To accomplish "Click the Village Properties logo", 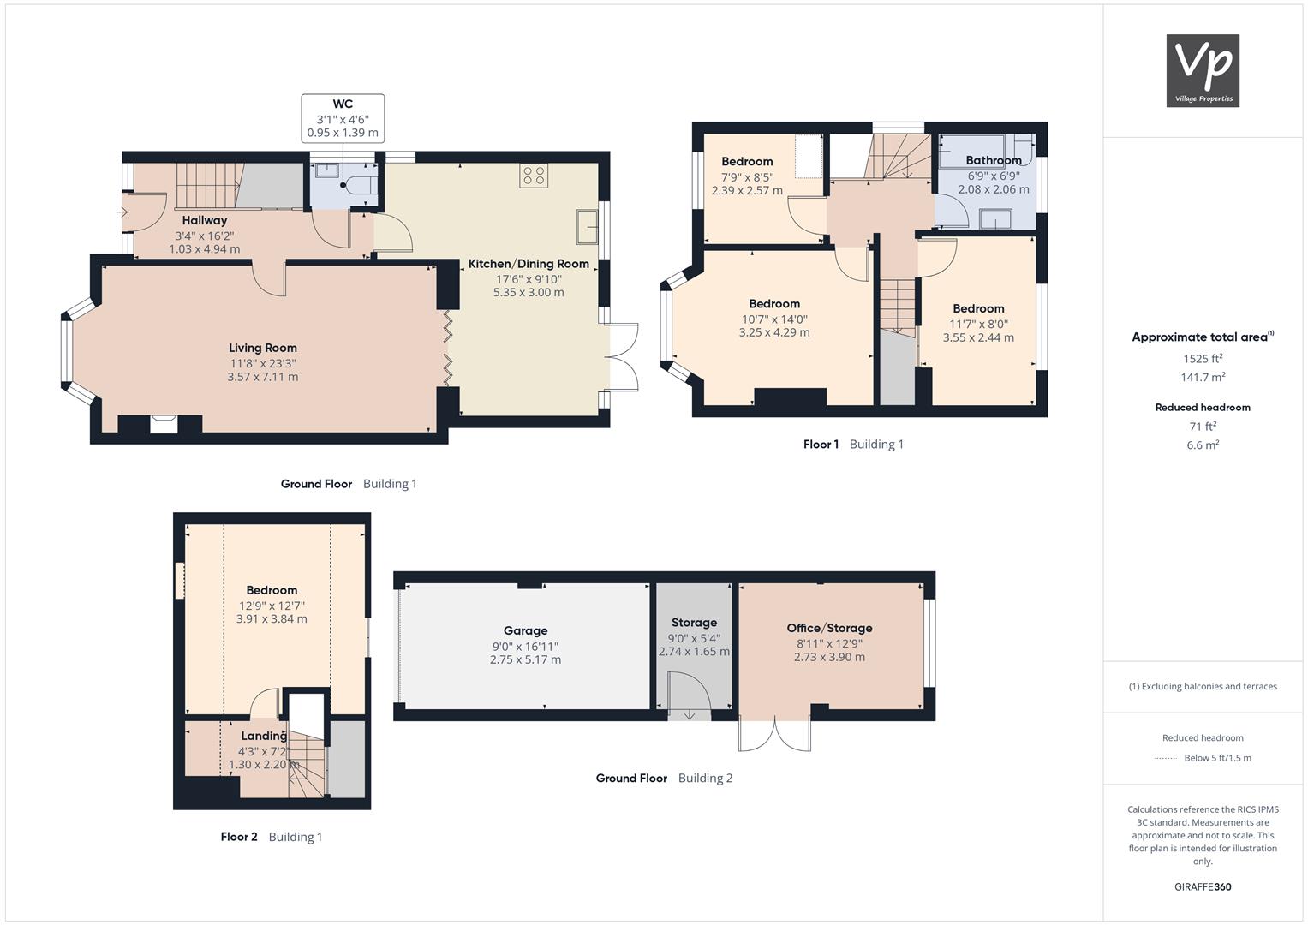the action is coord(1203,70).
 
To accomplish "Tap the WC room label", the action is coord(343,104).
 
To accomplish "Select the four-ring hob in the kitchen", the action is coord(534,176).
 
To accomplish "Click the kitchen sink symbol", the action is coord(587,226).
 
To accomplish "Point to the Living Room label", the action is coord(263,348).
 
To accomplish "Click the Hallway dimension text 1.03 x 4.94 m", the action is coord(205,249).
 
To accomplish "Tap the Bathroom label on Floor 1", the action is coord(994,161).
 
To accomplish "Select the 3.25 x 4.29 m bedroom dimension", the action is coord(774,333).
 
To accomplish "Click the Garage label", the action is coord(526,630).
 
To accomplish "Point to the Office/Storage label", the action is coord(829,629).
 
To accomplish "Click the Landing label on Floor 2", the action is coord(264,737).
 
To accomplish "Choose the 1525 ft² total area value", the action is coord(1203,359).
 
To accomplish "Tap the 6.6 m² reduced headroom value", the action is coord(1203,445).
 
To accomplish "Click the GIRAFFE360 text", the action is coord(1203,887).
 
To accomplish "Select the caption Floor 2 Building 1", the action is coord(272,837).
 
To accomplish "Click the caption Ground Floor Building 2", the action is coord(664,779).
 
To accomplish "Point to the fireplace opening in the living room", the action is coord(164,424).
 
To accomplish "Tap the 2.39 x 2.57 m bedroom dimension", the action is coord(747,191).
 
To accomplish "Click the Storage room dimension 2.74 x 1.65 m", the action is coord(695,652).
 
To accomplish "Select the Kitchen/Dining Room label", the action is coord(529,264).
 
